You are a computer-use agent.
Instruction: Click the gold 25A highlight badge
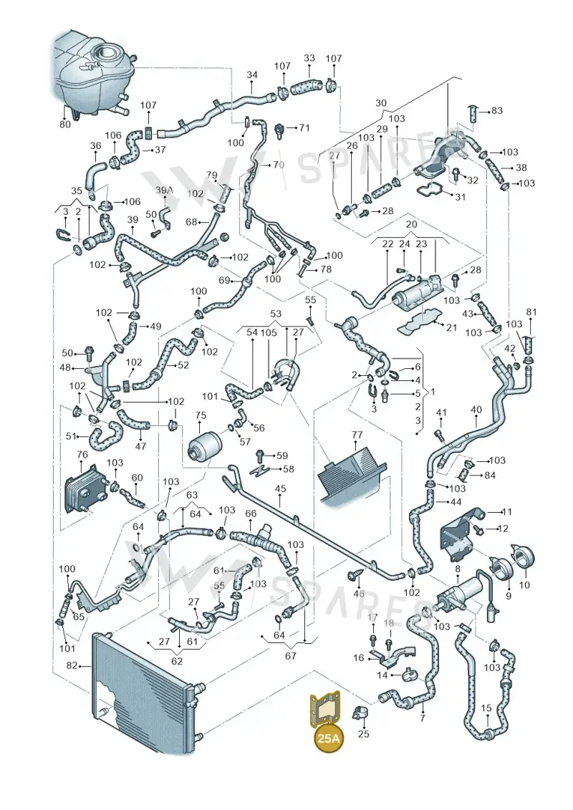tap(329, 738)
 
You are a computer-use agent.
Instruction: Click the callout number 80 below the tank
tap(65, 124)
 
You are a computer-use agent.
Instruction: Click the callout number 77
tap(357, 435)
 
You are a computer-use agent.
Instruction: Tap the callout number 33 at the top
tap(309, 58)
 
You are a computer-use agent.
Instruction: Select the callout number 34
tap(251, 74)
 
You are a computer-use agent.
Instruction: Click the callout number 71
tap(304, 127)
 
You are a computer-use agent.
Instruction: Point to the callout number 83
tap(496, 110)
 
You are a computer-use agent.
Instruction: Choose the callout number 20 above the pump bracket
tap(411, 224)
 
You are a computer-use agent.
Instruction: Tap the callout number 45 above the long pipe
tap(280, 488)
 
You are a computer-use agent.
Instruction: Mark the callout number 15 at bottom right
tap(486, 708)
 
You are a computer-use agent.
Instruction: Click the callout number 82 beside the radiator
tap(72, 665)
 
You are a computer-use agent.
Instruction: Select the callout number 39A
tap(164, 190)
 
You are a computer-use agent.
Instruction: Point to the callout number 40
tap(476, 410)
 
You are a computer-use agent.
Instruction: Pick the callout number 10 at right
tap(524, 585)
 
